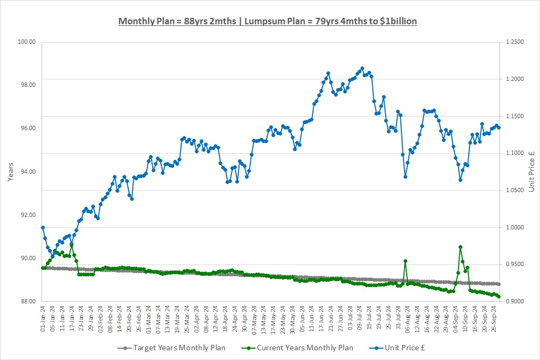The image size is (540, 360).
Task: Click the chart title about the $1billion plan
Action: pyautogui.click(x=267, y=21)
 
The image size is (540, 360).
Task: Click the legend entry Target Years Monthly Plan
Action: pyautogui.click(x=175, y=348)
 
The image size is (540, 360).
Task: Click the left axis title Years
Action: pyautogui.click(x=10, y=171)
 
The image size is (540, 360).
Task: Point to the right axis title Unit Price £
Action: pyautogui.click(x=531, y=171)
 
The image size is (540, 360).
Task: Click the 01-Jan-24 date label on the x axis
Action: pyautogui.click(x=43, y=318)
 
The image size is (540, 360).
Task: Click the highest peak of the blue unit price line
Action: pyautogui.click(x=362, y=69)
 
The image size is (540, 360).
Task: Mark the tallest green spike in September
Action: pyautogui.click(x=460, y=247)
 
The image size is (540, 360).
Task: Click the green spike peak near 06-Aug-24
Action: pyautogui.click(x=405, y=261)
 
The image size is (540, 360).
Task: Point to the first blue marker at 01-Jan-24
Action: pyautogui.click(x=43, y=227)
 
